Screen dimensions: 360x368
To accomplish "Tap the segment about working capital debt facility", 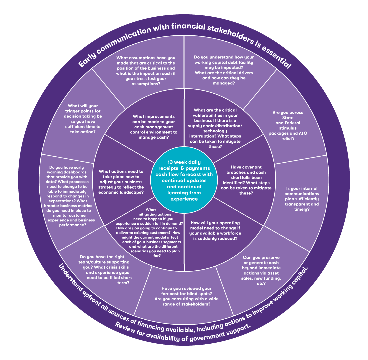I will pyautogui.click(x=224, y=70).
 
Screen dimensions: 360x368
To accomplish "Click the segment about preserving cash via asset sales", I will pyautogui.click(x=261, y=270).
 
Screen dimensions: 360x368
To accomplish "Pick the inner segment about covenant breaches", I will pyautogui.click(x=246, y=180).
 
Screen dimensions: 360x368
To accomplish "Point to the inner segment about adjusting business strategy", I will pyautogui.click(x=121, y=182).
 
